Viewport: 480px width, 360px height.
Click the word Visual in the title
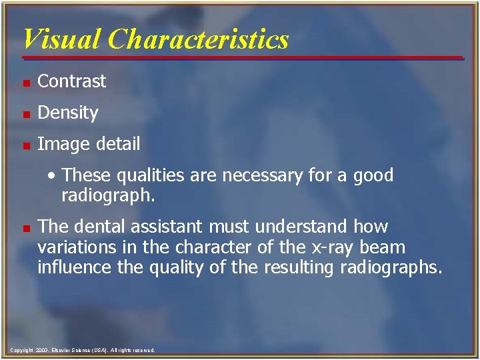62,39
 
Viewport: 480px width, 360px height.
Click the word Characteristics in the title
199,39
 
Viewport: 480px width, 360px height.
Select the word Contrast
72,81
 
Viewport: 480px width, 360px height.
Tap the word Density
68,113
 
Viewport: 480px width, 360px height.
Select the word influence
70,268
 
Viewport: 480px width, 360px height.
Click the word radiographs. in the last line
395,268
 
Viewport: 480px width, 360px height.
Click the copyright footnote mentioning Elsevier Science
83,350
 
